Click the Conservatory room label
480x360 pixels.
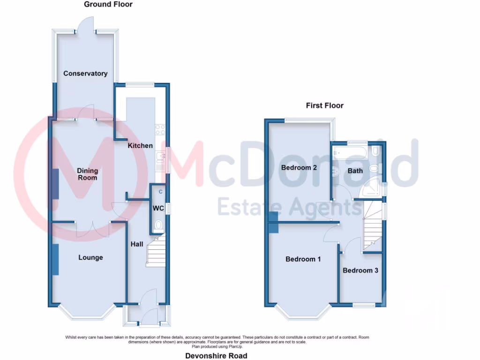(x=85, y=74)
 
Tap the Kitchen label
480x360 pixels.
(x=140, y=146)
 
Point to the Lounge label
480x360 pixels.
(x=90, y=257)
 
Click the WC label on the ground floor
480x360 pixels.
(x=157, y=208)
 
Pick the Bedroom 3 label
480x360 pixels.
(x=360, y=270)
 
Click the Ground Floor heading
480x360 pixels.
(x=108, y=4)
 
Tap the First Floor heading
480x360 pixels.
(x=324, y=105)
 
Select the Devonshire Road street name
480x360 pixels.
(x=216, y=356)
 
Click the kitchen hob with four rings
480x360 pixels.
(x=160, y=129)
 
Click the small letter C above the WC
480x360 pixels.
(x=160, y=192)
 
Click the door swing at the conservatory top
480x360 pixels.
(x=86, y=24)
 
